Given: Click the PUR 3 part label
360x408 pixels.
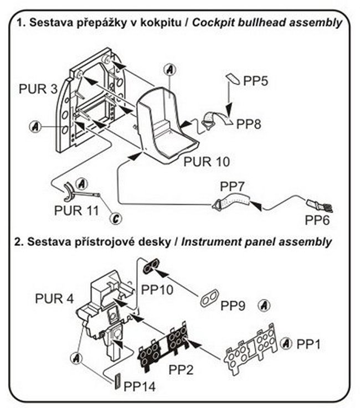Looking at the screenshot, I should click(x=38, y=89).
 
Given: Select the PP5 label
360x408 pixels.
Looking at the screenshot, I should click(x=256, y=81).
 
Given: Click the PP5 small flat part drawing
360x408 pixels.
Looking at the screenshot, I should click(x=233, y=80).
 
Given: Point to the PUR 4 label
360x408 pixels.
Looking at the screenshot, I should click(x=54, y=299).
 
